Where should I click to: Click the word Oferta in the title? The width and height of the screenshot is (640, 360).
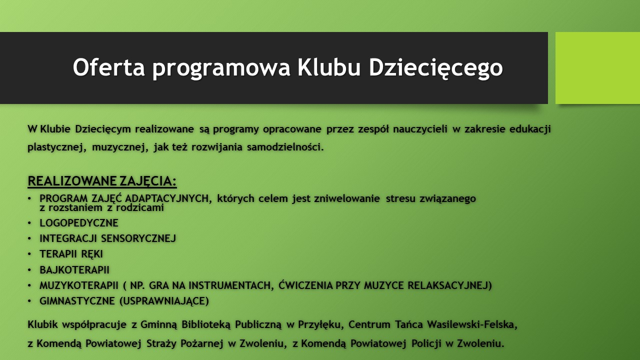[108, 67]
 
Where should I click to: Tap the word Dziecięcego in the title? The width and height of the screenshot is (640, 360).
[435, 68]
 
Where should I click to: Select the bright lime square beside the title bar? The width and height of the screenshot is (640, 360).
[597, 68]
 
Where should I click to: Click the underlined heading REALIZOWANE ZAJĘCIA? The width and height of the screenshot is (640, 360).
[102, 181]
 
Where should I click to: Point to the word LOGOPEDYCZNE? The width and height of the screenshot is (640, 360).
[79, 223]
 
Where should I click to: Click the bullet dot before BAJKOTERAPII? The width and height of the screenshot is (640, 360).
[29, 269]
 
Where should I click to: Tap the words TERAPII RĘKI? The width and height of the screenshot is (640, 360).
[71, 254]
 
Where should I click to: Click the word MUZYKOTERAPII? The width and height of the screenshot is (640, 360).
[79, 285]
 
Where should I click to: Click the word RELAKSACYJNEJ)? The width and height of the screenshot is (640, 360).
[449, 285]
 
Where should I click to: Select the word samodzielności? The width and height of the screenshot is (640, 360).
[285, 147]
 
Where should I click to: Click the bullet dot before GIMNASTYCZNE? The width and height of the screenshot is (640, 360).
[29, 301]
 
